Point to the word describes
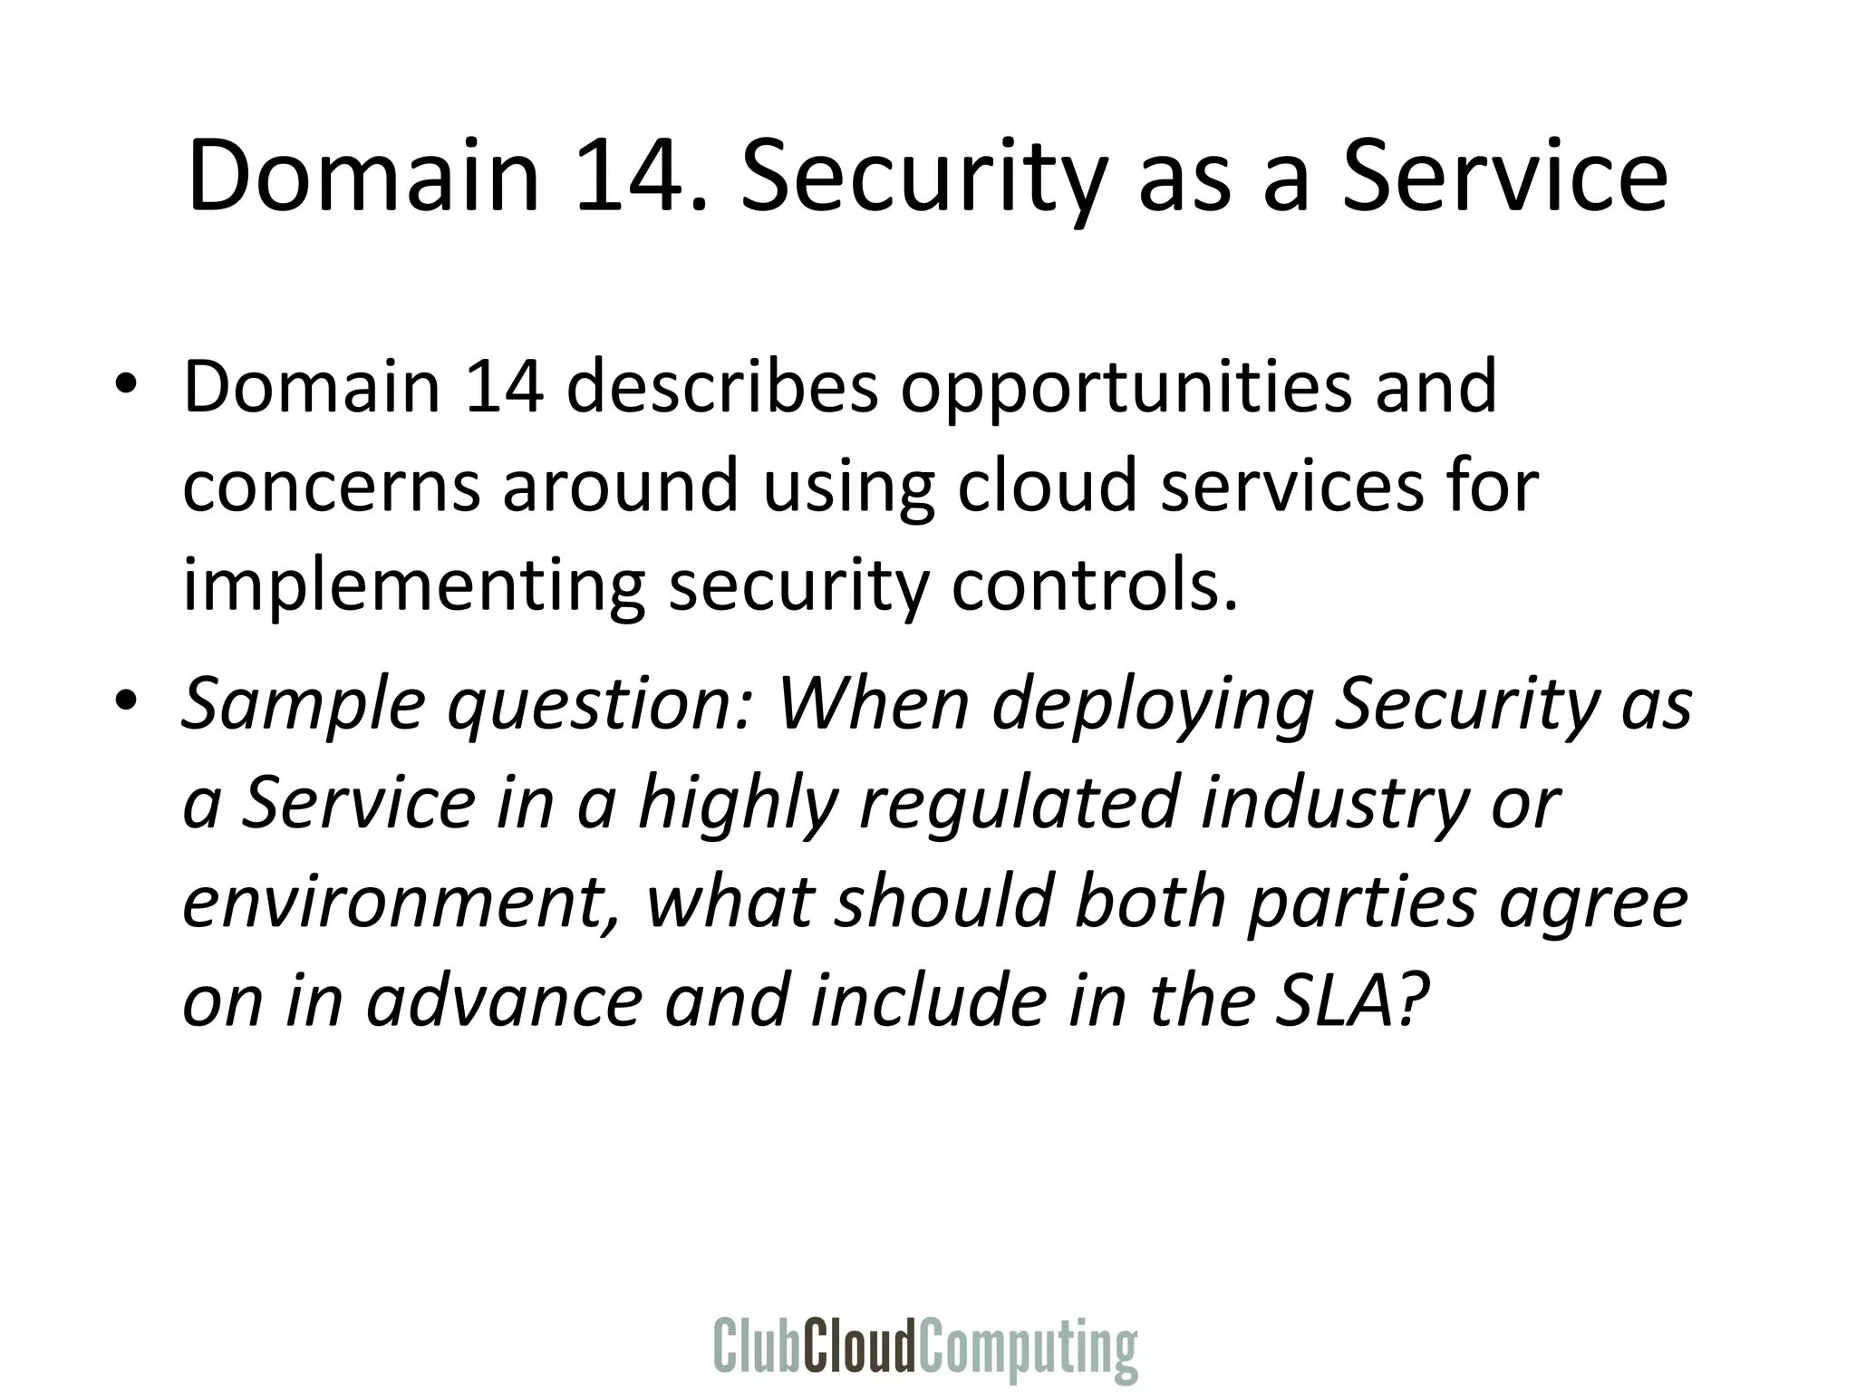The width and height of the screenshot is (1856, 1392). click(723, 386)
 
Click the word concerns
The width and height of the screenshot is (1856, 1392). click(331, 486)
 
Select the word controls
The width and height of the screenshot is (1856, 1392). click(1094, 585)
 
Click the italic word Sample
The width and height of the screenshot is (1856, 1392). click(304, 705)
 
